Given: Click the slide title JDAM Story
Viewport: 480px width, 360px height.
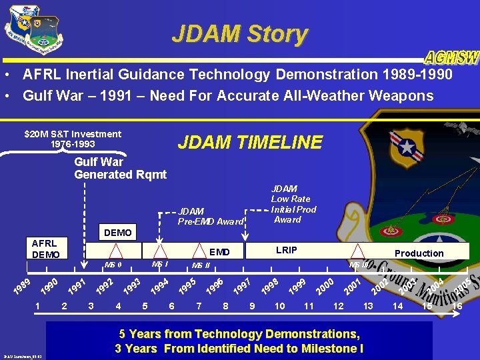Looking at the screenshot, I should click(239, 33).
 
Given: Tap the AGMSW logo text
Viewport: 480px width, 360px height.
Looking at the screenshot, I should click(451, 57).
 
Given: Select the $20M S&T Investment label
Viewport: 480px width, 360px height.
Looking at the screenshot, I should click(73, 139).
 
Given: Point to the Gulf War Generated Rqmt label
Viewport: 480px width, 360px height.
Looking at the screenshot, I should click(120, 168).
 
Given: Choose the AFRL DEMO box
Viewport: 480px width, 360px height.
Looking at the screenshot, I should click(45, 249).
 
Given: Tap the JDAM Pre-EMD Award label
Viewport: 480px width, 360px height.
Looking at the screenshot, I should click(211, 216).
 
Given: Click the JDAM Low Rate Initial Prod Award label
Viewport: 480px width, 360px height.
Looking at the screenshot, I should click(293, 204).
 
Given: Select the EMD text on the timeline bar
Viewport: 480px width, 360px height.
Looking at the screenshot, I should click(219, 253).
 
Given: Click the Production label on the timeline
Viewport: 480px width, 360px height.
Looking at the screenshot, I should click(419, 253).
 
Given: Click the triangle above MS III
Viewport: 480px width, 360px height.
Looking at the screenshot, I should click(359, 251).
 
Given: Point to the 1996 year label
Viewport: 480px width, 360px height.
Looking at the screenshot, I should click(214, 286).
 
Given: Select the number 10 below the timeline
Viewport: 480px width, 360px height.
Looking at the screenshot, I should click(280, 306).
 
